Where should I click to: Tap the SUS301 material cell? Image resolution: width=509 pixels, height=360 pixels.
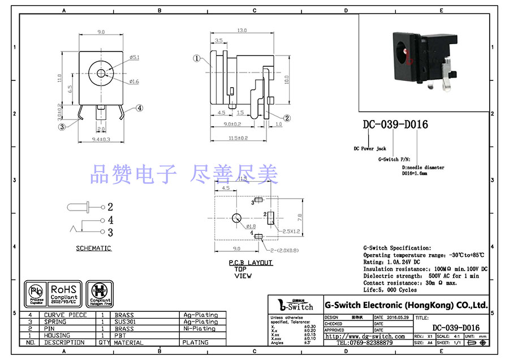click(126, 322)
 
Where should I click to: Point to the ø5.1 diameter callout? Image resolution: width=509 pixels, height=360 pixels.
click(135, 57)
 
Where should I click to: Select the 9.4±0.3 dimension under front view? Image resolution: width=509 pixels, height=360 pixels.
click(101, 139)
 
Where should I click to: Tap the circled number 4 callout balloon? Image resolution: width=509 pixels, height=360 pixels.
click(139, 108)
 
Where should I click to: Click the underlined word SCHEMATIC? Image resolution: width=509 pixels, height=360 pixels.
click(94, 248)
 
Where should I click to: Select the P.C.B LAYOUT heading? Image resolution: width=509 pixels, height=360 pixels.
click(251, 263)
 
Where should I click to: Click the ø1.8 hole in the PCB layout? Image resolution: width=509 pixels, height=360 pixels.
click(236, 219)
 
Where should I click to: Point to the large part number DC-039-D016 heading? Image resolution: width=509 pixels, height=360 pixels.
click(395, 125)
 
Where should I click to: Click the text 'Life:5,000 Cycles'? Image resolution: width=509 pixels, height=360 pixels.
click(391, 290)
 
